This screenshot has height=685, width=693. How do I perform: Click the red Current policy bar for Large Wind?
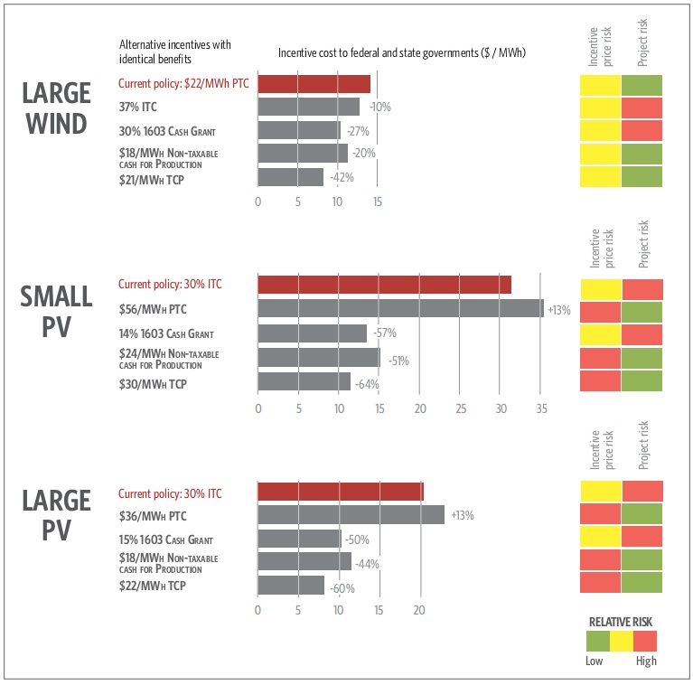pos(314,84)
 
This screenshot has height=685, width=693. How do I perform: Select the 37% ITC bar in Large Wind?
pos(308,108)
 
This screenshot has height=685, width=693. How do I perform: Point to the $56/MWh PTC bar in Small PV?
pos(400,308)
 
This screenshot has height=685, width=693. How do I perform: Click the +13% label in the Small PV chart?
pos(558,310)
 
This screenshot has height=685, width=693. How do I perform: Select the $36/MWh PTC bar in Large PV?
pos(351,515)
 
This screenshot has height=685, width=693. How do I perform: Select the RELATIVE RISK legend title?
pos(620,622)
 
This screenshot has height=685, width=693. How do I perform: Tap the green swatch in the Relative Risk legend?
pos(597,642)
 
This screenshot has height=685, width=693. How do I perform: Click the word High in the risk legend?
pos(645,662)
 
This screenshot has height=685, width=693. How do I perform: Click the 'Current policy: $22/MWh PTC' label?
pos(183,84)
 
